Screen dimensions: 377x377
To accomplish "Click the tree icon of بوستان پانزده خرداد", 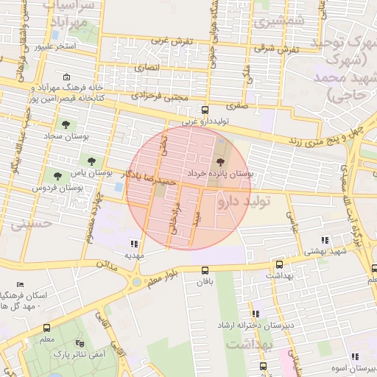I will coord(220,162).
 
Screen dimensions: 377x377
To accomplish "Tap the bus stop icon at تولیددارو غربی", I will coord(205,110).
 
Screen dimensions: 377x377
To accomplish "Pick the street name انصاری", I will coord(147,68).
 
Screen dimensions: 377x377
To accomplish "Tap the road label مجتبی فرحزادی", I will coord(161,96).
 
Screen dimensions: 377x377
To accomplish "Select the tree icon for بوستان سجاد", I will coord(66,124).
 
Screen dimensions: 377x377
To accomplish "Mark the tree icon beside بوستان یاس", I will coord(91,161).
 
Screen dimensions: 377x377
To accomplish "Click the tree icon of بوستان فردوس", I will coord(57,175).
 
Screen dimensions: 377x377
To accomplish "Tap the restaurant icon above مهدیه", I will coord(134,243).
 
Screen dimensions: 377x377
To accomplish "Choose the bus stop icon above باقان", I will coord(205,269).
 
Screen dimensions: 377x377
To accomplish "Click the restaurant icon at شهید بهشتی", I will coord(325,240).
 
